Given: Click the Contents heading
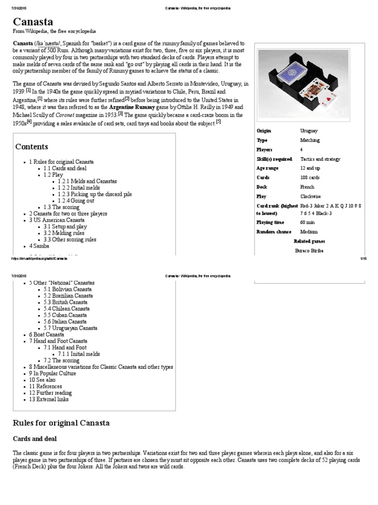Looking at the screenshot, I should coord(31,146).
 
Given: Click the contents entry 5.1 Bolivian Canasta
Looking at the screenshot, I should coord(68,289).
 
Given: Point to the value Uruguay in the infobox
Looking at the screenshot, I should coord(309,131).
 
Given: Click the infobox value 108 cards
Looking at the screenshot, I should coord(310,178).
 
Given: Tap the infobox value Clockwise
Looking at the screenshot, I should coord(310,196).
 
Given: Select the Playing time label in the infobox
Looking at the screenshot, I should coord(271,222).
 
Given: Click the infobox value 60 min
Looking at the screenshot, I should coord(308,222).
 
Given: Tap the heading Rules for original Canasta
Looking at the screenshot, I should coord(61,423).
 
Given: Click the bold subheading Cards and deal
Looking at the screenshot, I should coord(34,438).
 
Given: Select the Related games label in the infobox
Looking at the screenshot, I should coord(309,241).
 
